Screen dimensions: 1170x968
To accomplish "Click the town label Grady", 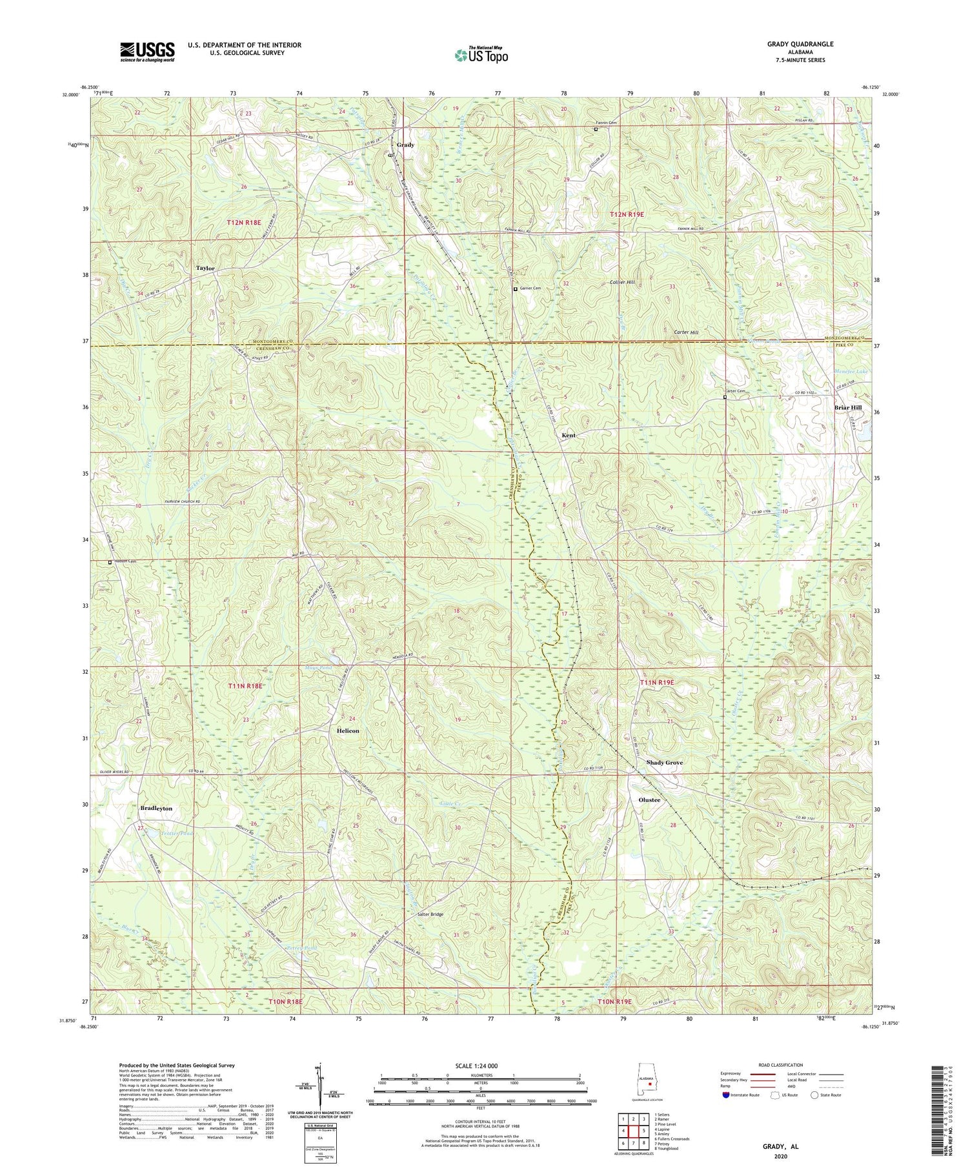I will click(405, 145).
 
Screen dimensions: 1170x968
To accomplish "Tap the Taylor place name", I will click(205, 268).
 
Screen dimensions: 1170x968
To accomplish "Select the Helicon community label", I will click(348, 731).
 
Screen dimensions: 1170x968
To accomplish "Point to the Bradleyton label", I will click(156, 808).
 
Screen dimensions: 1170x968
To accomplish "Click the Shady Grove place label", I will click(664, 762).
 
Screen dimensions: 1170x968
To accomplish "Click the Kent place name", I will click(568, 435).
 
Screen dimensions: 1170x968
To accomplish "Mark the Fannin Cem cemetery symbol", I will click(596, 129).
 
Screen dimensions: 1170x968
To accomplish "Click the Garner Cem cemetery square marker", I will click(515, 289).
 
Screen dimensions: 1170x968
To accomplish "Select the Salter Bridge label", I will click(430, 914).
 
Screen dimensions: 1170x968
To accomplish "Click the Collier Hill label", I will click(622, 283).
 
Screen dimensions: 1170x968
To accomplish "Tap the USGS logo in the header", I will click(147, 52).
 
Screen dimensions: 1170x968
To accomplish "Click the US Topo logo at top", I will click(481, 55).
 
